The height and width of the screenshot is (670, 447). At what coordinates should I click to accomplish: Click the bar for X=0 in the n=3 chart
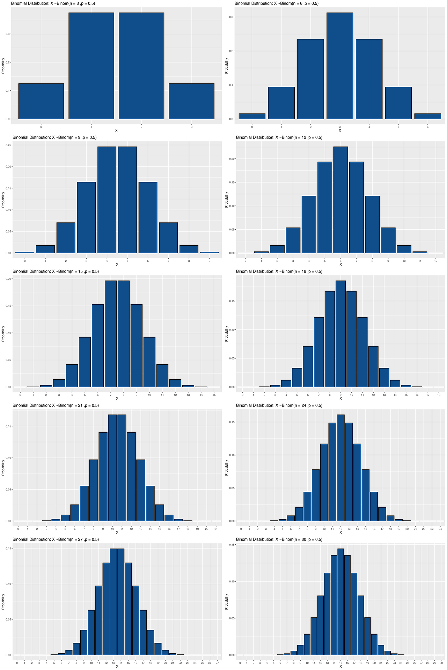tap(41, 101)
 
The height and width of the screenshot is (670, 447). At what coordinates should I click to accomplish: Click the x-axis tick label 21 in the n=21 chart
tap(216, 529)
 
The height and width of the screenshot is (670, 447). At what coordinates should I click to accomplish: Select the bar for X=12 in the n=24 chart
tap(340, 468)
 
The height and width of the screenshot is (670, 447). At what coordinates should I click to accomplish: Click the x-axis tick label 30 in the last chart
tap(441, 663)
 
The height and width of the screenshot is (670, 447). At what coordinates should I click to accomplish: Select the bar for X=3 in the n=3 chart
tap(191, 101)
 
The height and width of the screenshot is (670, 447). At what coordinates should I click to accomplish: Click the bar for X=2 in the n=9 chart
tap(66, 238)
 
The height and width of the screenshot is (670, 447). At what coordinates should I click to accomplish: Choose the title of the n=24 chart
tap(279, 405)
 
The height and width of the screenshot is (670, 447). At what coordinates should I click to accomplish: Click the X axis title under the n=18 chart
tap(340, 399)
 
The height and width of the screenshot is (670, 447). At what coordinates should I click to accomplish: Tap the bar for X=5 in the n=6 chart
tap(398, 103)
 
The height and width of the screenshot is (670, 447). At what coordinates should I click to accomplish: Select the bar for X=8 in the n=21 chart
tap(94, 490)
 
